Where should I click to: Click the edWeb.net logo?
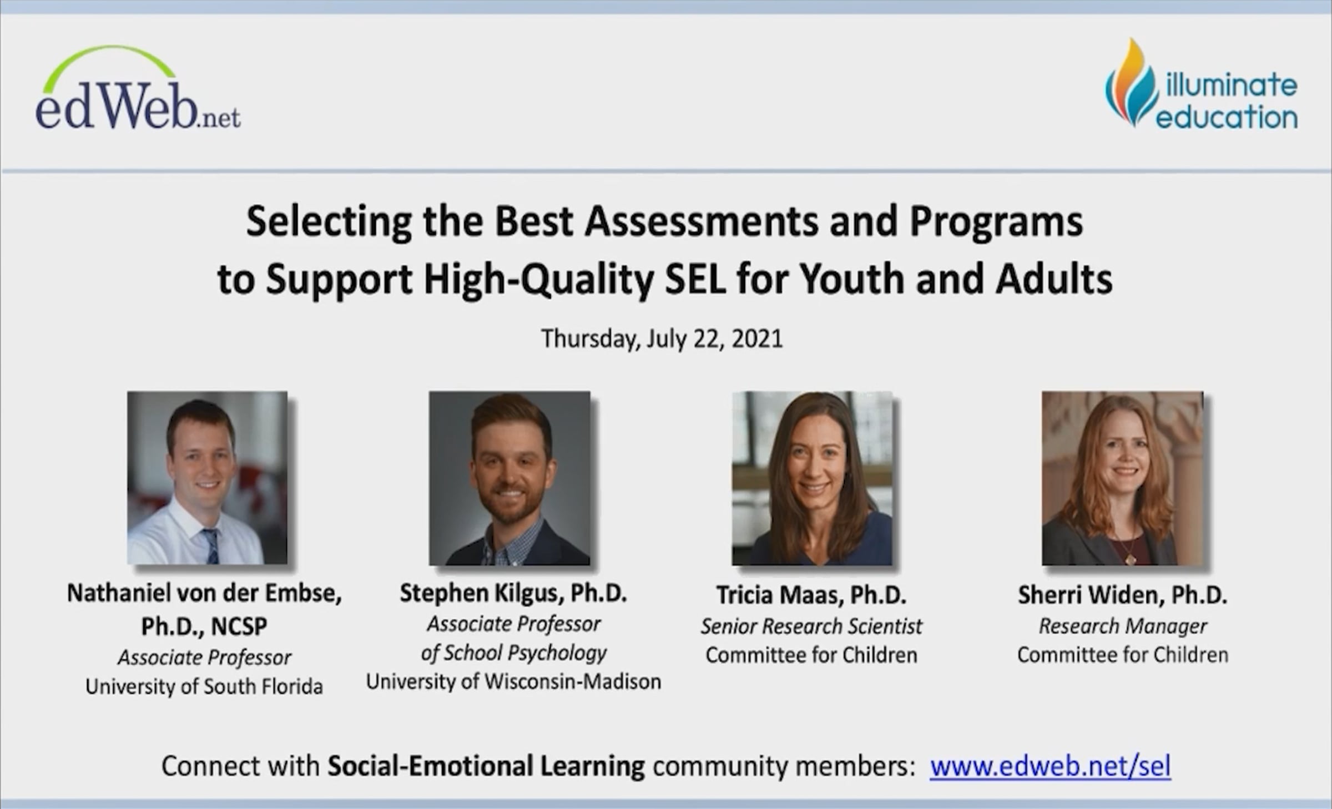pyautogui.click(x=138, y=89)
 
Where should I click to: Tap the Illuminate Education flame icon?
pyautogui.click(x=1130, y=82)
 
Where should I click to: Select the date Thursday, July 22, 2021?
pyautogui.click(x=662, y=338)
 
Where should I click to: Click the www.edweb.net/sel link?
pyautogui.click(x=1051, y=766)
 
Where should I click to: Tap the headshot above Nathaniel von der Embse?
pyautogui.click(x=208, y=478)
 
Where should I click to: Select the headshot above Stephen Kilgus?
pyautogui.click(x=509, y=478)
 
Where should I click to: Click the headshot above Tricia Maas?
pyautogui.click(x=812, y=478)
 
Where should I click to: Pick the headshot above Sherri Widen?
pyautogui.click(x=1122, y=478)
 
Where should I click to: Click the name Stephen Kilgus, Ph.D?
pyautogui.click(x=513, y=594)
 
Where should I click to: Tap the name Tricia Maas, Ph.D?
pyautogui.click(x=811, y=595)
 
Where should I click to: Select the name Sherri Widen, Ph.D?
pyautogui.click(x=1123, y=595)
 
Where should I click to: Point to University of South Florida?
pyautogui.click(x=204, y=687)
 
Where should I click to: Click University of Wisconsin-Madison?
pyautogui.click(x=513, y=681)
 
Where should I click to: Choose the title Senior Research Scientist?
pyautogui.click(x=811, y=626)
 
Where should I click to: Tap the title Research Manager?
pyautogui.click(x=1123, y=626)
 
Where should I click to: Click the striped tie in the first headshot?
pyautogui.click(x=210, y=546)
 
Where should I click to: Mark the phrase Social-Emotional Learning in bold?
pyautogui.click(x=486, y=766)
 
